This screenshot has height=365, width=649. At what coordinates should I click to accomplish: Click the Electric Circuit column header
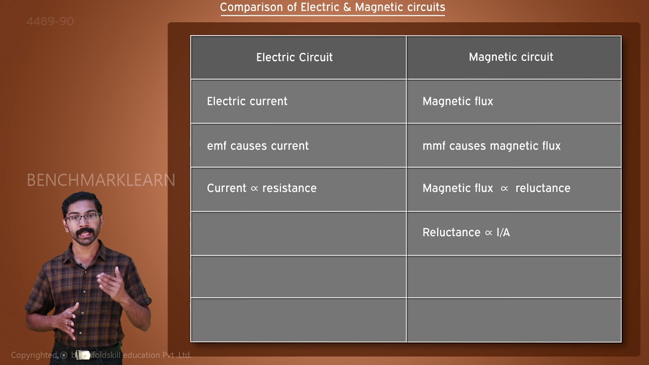click(x=294, y=57)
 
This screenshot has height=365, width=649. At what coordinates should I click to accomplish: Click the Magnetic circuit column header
click(x=511, y=57)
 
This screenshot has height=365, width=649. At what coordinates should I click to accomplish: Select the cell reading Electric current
click(x=247, y=101)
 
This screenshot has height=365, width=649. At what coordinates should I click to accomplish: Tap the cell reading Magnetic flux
click(x=457, y=101)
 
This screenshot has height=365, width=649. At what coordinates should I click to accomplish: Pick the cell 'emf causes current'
click(x=258, y=146)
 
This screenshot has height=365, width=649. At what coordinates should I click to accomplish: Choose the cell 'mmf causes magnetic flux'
click(x=491, y=146)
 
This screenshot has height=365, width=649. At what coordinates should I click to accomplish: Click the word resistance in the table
click(x=289, y=188)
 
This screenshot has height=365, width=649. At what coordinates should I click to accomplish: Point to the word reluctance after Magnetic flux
click(x=543, y=188)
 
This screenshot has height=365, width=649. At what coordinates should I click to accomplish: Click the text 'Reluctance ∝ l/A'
click(x=466, y=232)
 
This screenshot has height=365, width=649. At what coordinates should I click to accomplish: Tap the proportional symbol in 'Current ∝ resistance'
click(x=255, y=189)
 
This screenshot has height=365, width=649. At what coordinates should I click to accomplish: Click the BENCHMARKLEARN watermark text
click(x=100, y=180)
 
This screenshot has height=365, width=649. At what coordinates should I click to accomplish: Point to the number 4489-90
click(x=50, y=21)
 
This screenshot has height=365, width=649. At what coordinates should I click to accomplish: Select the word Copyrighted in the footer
click(x=34, y=355)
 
